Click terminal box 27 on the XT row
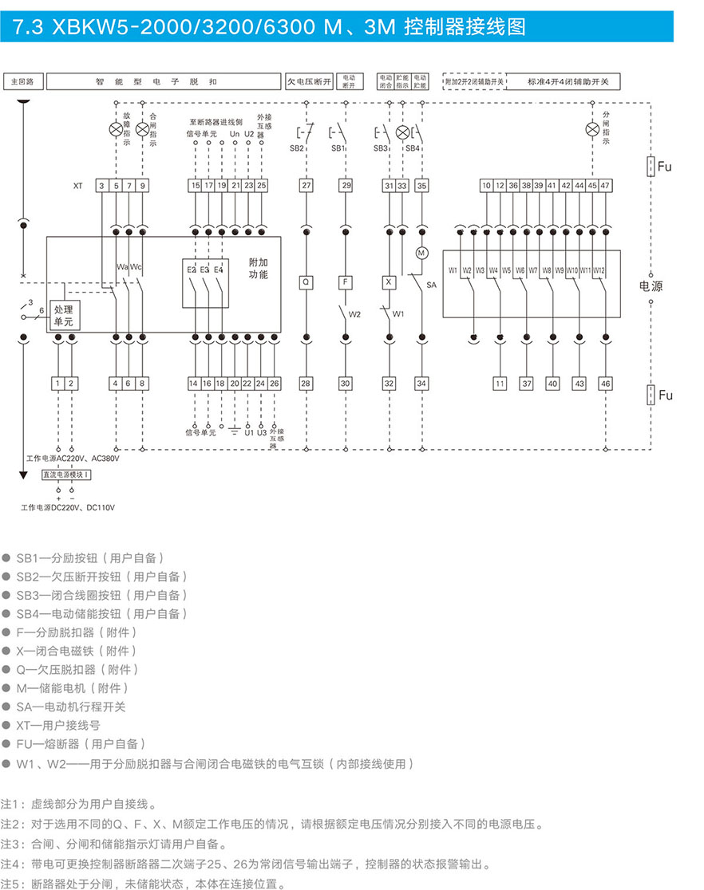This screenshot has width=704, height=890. [x=307, y=186]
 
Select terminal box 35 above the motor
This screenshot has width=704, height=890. [x=421, y=186]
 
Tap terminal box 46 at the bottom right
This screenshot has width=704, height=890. [x=606, y=384]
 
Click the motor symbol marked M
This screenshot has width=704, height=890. [x=421, y=253]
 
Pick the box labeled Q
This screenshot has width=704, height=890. [x=307, y=282]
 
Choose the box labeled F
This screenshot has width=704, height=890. [x=346, y=282]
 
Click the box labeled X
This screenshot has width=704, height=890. [x=389, y=282]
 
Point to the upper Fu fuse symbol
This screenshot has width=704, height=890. [x=651, y=166]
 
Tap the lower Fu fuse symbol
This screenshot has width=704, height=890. [x=651, y=395]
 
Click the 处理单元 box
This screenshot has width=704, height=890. [x=63, y=315]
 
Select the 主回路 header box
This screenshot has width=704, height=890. [x=22, y=81]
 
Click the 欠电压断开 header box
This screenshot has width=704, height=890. [x=309, y=81]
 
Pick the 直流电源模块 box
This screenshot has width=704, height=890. [x=67, y=475]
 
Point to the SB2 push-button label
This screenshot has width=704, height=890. [x=296, y=148]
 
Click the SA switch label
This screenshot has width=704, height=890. [x=432, y=284]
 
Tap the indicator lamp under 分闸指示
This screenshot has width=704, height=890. [x=592, y=130]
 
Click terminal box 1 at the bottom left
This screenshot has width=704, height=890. [x=58, y=384]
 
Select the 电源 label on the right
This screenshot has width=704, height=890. [x=651, y=286]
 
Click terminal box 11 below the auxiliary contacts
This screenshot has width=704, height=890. [x=500, y=384]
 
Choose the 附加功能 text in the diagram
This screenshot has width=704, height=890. [x=258, y=268]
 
